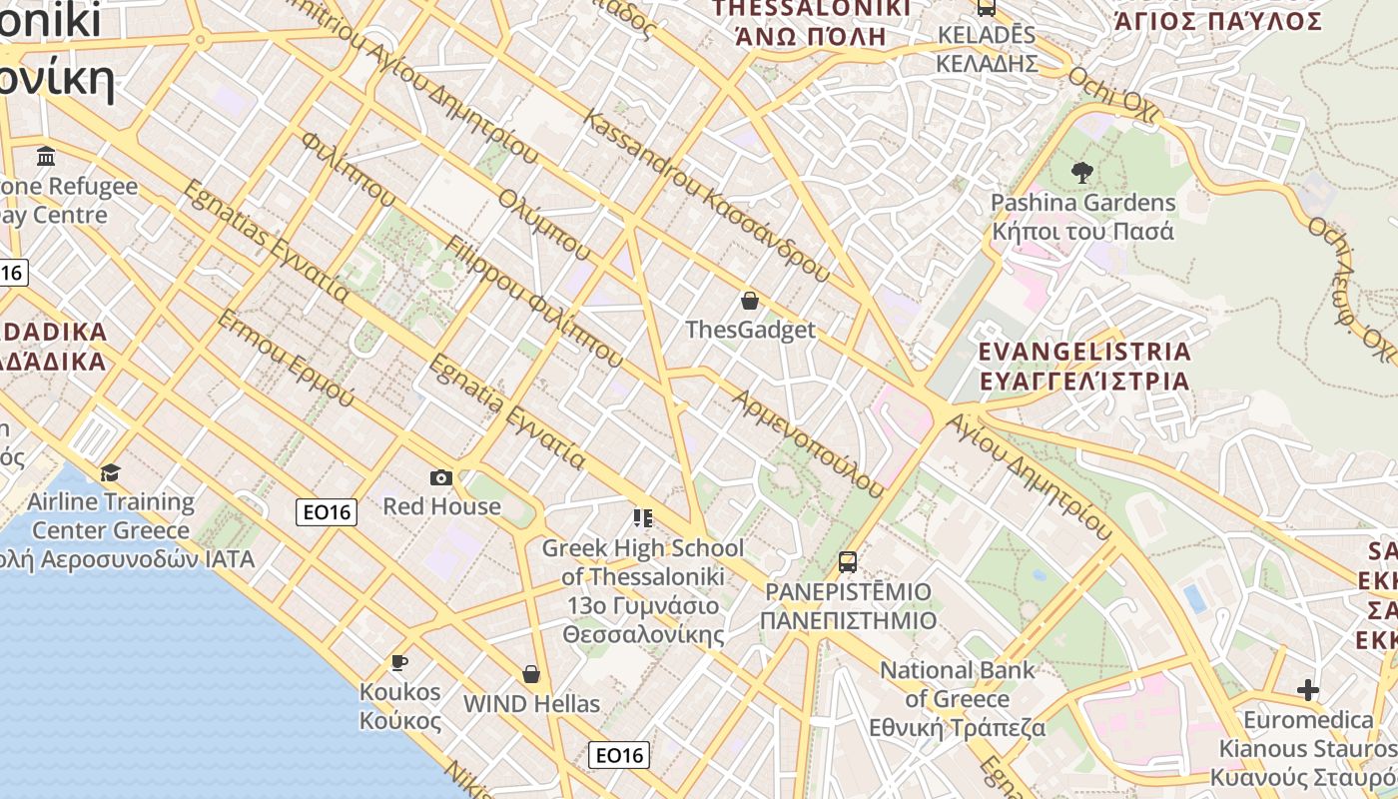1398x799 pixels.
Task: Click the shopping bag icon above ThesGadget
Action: pyautogui.click(x=750, y=301)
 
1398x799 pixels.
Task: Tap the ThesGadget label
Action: pyautogui.click(x=750, y=330)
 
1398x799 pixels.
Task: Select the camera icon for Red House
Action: pyautogui.click(x=441, y=478)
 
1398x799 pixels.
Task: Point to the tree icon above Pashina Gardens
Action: pyautogui.click(x=1081, y=173)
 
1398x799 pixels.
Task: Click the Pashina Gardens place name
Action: pyautogui.click(x=1082, y=203)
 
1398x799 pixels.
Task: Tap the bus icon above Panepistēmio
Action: pyautogui.click(x=848, y=562)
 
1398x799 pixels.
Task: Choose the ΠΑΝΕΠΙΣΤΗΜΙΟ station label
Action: pyautogui.click(x=848, y=620)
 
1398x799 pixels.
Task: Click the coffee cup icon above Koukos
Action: pyautogui.click(x=399, y=663)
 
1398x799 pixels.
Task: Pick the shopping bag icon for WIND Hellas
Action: pyautogui.click(x=531, y=675)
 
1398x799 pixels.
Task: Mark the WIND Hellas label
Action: pyautogui.click(x=531, y=704)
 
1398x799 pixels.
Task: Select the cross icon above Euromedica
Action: pyautogui.click(x=1308, y=690)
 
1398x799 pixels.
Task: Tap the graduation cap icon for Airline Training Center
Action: pyautogui.click(x=110, y=472)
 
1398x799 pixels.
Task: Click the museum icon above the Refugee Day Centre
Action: pyautogui.click(x=46, y=157)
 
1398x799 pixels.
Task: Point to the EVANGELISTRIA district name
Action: pyautogui.click(x=1084, y=352)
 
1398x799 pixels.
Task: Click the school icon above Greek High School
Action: pyautogui.click(x=643, y=517)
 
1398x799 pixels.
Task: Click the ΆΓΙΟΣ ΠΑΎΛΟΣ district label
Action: pyautogui.click(x=1217, y=21)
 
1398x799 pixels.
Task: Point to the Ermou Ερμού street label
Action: pyautogui.click(x=285, y=359)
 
